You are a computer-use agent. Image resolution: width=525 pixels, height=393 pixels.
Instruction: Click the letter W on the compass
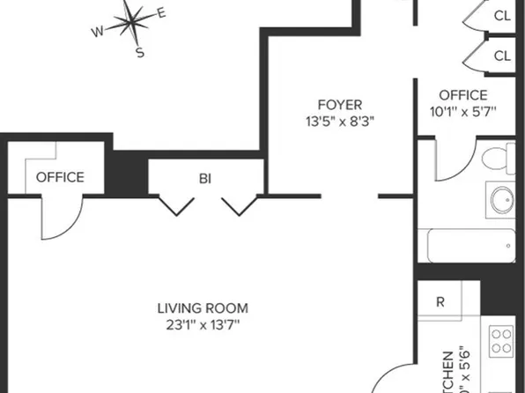(97, 33)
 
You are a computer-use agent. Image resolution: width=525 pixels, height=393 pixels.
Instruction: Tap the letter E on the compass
(161, 13)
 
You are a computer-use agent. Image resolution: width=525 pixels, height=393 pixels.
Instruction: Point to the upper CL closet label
(502, 15)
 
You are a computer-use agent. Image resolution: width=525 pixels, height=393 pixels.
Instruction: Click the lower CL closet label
(502, 56)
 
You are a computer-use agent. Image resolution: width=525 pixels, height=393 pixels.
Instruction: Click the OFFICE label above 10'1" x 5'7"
(462, 95)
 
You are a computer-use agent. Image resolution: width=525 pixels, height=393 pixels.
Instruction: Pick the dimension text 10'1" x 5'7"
(462, 112)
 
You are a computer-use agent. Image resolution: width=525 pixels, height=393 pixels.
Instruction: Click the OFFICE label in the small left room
(60, 177)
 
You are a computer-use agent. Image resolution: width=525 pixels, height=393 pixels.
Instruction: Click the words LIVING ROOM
(203, 308)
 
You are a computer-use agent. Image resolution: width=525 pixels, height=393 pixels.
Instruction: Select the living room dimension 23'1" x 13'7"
(203, 325)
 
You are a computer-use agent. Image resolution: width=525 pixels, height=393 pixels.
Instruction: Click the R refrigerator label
(440, 301)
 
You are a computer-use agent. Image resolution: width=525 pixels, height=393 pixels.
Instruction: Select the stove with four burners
(501, 340)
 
